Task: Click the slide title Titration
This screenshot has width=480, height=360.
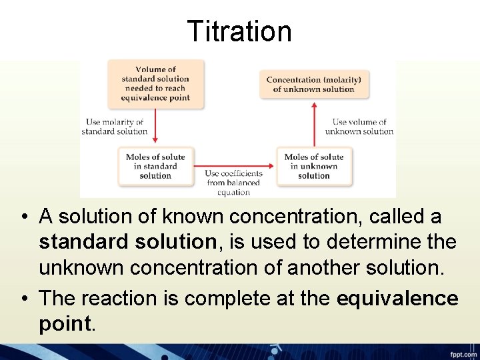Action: (x=239, y=31)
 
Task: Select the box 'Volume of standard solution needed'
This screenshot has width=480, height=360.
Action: (x=155, y=83)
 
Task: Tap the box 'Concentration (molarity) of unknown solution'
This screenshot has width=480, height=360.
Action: (x=313, y=84)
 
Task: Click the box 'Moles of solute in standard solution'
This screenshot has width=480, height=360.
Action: (x=155, y=167)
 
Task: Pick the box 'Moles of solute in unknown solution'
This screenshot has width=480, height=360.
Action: (x=314, y=167)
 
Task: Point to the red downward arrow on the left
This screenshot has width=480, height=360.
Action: (x=155, y=127)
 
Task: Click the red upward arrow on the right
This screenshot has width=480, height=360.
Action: (x=314, y=127)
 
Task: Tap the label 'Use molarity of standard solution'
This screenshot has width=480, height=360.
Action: (x=114, y=127)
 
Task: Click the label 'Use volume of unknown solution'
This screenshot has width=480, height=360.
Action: (x=359, y=127)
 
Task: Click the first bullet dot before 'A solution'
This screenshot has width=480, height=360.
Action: (x=23, y=217)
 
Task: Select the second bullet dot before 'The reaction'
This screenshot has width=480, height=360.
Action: (x=23, y=299)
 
